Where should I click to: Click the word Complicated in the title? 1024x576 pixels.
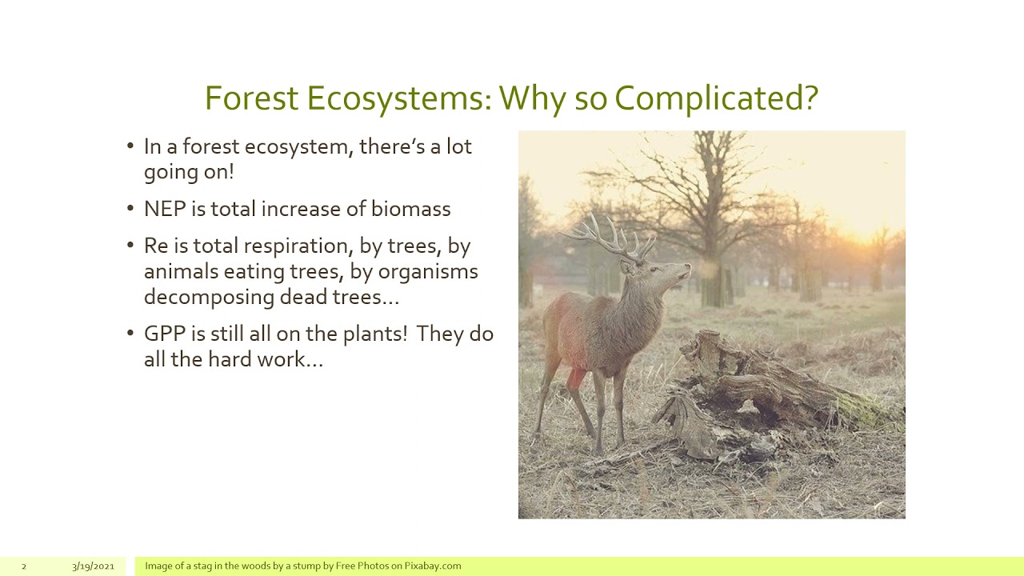(716, 98)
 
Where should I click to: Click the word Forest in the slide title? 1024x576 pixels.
(251, 98)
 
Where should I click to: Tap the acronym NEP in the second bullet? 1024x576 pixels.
(164, 209)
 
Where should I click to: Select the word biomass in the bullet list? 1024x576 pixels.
(410, 209)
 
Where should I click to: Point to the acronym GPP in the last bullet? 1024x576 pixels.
(164, 334)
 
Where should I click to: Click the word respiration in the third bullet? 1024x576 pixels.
(296, 246)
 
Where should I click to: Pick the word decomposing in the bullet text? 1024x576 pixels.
(209, 297)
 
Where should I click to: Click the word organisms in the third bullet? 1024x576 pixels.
(427, 271)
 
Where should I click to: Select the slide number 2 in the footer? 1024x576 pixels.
(23, 566)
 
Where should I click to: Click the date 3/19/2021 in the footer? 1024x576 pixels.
(93, 566)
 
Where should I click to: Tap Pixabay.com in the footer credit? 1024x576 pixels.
(432, 566)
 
